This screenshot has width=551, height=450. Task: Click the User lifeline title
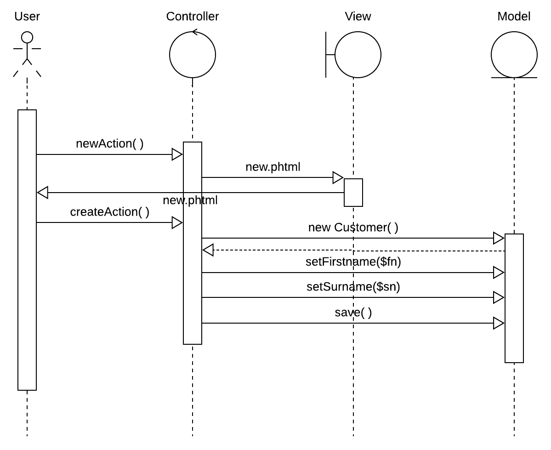(27, 17)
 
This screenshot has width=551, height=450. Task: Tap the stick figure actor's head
(27, 37)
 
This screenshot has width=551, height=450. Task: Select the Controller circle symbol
(193, 55)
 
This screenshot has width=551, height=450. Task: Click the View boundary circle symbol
(358, 55)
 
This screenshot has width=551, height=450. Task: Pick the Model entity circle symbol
(514, 55)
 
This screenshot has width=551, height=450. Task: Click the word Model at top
(514, 17)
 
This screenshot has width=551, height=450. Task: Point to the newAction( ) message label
(109, 144)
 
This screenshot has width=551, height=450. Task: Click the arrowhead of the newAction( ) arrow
(177, 154)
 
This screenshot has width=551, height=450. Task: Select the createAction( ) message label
(109, 212)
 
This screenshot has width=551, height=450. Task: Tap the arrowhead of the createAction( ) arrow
(177, 223)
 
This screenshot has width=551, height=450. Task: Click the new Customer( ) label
(353, 227)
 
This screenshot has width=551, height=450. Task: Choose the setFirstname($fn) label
(353, 262)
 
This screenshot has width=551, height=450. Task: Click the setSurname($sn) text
(353, 287)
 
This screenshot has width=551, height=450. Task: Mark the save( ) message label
(353, 313)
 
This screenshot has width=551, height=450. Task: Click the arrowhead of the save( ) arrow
(499, 323)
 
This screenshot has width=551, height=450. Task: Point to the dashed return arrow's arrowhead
(208, 251)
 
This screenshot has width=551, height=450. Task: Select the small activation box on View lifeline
(353, 192)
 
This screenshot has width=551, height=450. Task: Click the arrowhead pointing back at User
(42, 193)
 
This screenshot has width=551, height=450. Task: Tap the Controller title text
(193, 17)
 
